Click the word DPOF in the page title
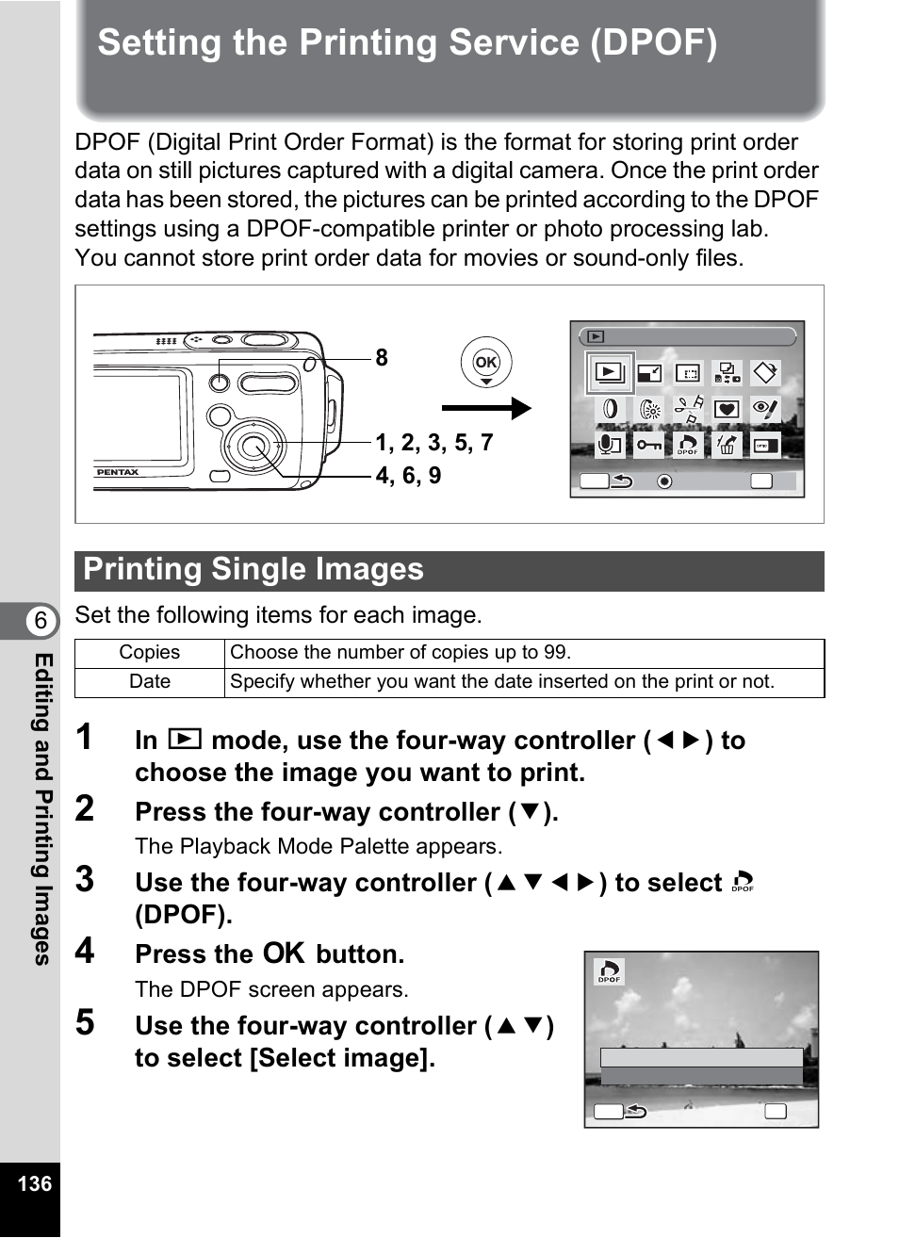(654, 43)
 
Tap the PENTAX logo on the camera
(118, 472)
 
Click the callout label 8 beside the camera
(381, 358)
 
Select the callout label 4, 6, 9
(408, 476)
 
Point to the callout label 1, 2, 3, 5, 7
(434, 443)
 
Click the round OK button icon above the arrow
(485, 362)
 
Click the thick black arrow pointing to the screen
(486, 408)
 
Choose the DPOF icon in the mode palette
(688, 444)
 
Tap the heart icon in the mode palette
(726, 409)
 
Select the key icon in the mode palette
(648, 444)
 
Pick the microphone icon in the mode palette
(610, 444)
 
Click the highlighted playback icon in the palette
(610, 373)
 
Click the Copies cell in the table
(149, 653)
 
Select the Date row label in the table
(149, 682)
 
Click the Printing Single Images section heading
(253, 570)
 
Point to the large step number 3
(85, 880)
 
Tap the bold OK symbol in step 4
(284, 953)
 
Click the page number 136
(34, 1183)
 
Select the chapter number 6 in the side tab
(41, 621)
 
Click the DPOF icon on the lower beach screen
(610, 971)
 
